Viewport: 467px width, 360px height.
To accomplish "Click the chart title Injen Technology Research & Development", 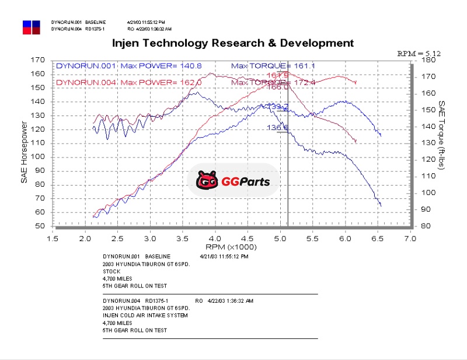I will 232,43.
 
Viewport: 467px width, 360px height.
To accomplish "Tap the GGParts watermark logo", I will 233,181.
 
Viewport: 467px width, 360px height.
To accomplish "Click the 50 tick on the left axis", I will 40,226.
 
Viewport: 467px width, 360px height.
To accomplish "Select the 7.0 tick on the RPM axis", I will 410,238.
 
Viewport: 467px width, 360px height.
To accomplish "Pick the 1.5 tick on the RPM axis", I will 53,238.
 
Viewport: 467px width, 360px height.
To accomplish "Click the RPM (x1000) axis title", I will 232,247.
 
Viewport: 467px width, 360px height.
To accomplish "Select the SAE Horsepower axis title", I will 24,152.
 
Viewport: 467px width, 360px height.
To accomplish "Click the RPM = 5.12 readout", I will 419,53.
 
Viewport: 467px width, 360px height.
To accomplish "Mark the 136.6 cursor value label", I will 278,127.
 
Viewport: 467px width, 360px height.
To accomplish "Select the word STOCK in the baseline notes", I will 111,271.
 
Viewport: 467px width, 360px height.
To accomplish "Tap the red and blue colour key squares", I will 32,27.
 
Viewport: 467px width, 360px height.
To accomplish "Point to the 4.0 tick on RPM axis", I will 215,238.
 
